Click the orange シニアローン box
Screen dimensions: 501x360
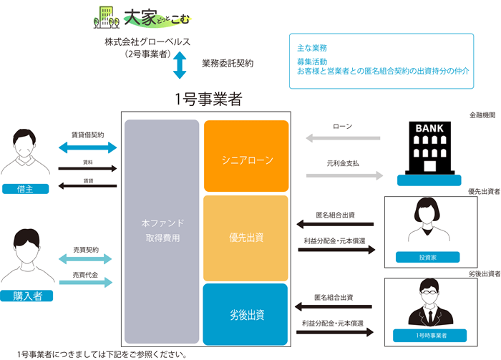(246, 156)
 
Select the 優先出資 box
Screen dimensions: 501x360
(245, 238)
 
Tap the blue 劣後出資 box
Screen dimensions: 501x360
(245, 314)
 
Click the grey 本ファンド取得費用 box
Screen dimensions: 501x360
(162, 232)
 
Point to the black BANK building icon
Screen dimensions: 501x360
(429, 148)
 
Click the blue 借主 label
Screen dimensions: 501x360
(25, 189)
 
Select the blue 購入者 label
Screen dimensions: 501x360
(26, 296)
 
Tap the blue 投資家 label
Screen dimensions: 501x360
(427, 257)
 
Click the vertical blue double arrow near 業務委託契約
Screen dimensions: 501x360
(180, 65)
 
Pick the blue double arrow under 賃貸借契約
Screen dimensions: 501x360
(88, 147)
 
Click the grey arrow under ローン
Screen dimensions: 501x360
(343, 138)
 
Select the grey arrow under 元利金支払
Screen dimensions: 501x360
(344, 175)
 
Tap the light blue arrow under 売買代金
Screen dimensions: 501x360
(86, 283)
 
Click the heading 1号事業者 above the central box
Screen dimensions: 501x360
(208, 99)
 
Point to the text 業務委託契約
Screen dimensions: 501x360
(228, 63)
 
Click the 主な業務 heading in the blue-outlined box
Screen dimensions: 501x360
(312, 48)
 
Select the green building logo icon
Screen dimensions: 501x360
(107, 17)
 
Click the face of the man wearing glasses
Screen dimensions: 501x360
(429, 294)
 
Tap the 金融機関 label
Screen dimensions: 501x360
(482, 115)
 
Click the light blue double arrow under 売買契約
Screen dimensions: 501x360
(85, 259)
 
